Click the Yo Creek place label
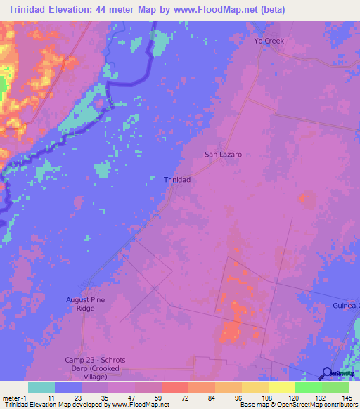click(269, 41)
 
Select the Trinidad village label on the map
click(177, 180)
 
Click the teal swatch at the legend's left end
click(41, 387)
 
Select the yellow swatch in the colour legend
click(281, 387)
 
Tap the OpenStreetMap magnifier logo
click(328, 374)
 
